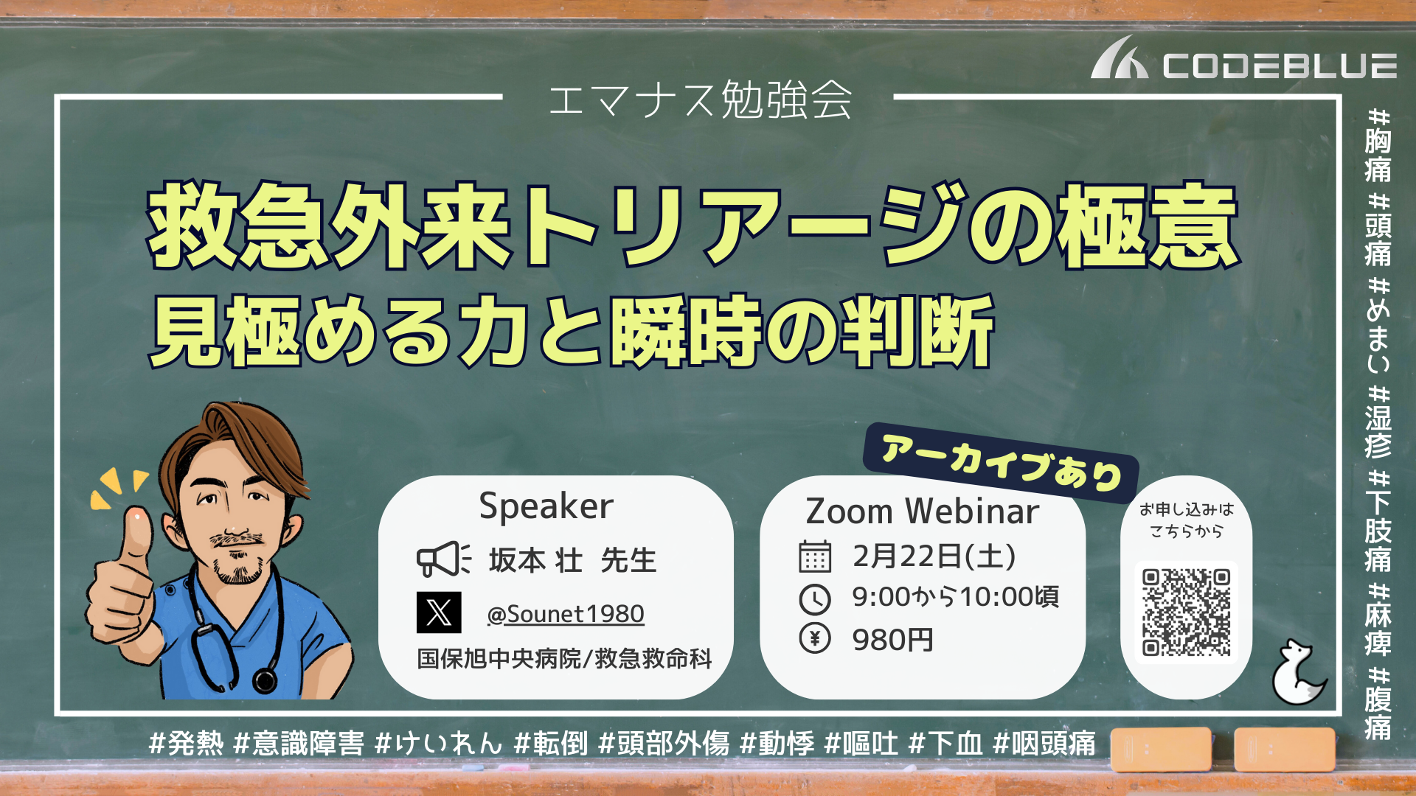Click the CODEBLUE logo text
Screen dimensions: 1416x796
click(x=1280, y=66)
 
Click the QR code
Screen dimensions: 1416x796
click(x=1186, y=612)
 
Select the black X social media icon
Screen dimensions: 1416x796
click(x=439, y=612)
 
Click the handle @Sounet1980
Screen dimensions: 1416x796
click(x=566, y=614)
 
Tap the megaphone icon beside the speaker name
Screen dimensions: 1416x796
click(x=443, y=559)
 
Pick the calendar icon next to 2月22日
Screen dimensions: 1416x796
click(x=815, y=556)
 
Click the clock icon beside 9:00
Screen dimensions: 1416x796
click(x=815, y=599)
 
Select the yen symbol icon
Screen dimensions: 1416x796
click(x=815, y=638)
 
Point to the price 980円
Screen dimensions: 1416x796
click(x=893, y=640)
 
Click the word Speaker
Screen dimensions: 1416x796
click(x=546, y=507)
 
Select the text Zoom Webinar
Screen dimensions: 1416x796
click(x=923, y=512)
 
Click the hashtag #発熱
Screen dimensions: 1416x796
click(x=186, y=743)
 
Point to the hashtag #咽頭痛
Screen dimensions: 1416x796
click(x=1044, y=743)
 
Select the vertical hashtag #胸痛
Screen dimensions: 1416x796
click(x=1378, y=145)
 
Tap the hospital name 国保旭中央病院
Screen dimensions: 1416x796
click(x=499, y=658)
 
